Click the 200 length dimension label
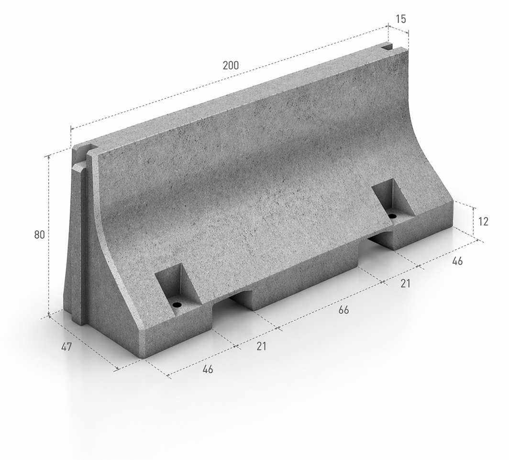point(231,66)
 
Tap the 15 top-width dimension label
point(401,19)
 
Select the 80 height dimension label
point(40,235)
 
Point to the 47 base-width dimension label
point(66,347)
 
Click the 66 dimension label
point(343,310)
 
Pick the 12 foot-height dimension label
point(483,222)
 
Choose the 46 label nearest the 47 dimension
point(208,370)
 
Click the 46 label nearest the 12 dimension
point(457,261)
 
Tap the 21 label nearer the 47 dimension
point(261,346)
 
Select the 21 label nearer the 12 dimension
point(405,283)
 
